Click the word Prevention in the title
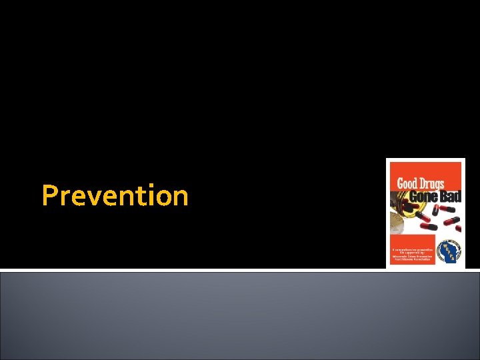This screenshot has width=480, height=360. [115, 196]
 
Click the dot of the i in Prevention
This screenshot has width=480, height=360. [150, 186]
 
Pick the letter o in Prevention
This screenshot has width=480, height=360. [163, 198]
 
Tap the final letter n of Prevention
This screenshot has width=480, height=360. [181, 198]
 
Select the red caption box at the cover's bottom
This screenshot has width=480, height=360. [412, 250]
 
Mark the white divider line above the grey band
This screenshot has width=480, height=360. [240, 270]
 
